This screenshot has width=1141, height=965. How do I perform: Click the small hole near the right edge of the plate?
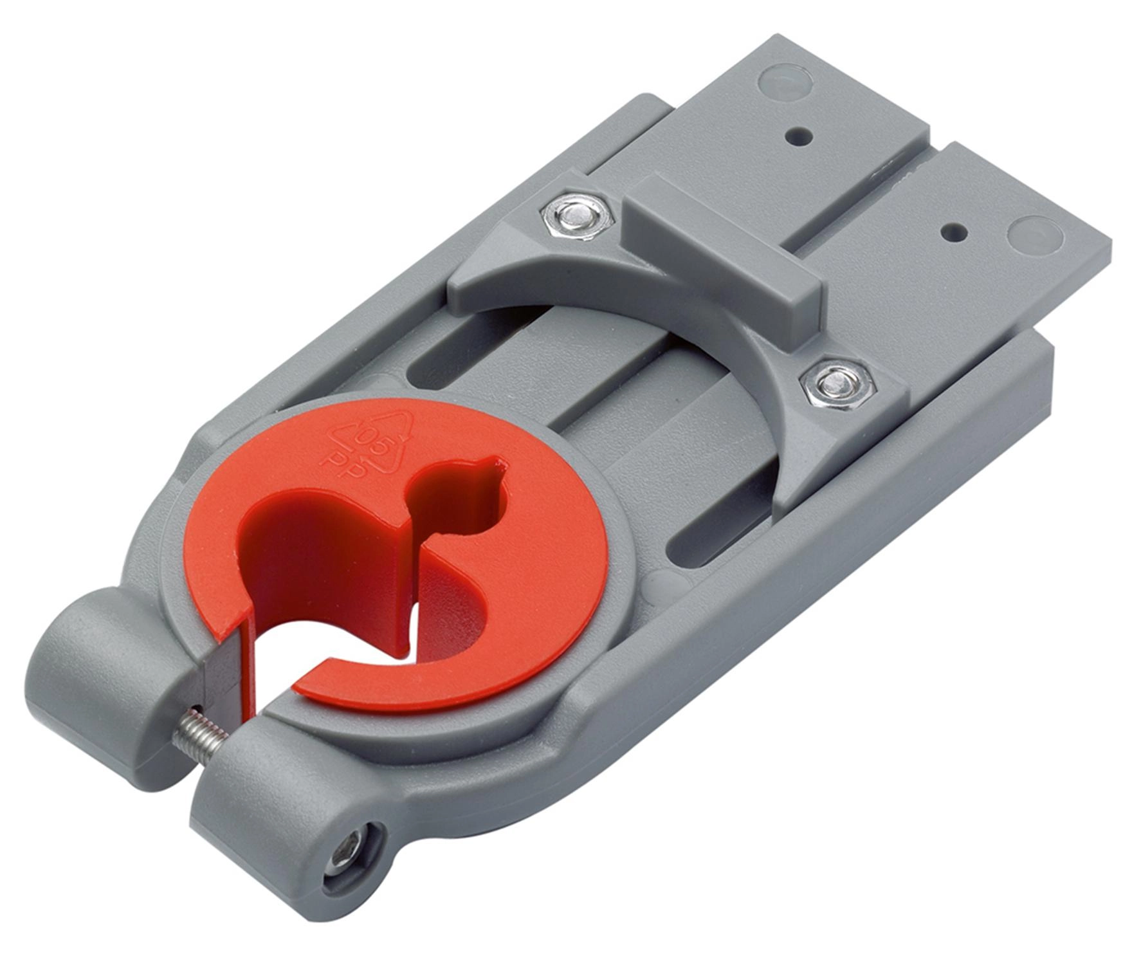956,232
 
